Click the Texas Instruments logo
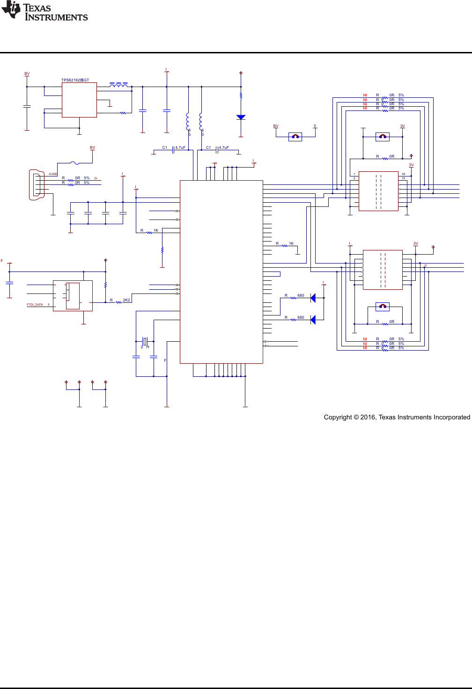click(x=44, y=12)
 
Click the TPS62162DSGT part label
click(x=75, y=80)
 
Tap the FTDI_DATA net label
click(x=35, y=305)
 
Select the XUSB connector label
click(x=52, y=174)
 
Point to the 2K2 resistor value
click(x=126, y=300)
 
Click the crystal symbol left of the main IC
click(x=145, y=341)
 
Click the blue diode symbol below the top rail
click(x=241, y=117)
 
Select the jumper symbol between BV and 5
click(x=295, y=137)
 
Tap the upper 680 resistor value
click(x=301, y=295)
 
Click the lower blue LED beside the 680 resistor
click(x=313, y=320)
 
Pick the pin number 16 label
click(x=403, y=174)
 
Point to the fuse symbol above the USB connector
click(x=75, y=163)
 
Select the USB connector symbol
click(x=36, y=185)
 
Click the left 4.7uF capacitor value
click(x=180, y=147)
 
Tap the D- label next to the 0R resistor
click(x=96, y=178)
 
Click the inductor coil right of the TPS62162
click(x=118, y=85)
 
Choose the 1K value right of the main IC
click(x=291, y=243)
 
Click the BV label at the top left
click(x=27, y=74)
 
